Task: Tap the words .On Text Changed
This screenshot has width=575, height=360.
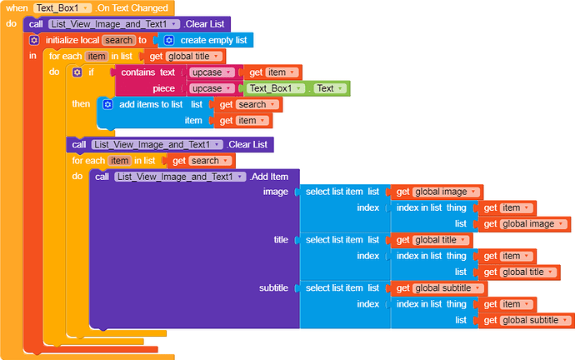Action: (x=130, y=7)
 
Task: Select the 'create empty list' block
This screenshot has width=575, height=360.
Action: (x=209, y=40)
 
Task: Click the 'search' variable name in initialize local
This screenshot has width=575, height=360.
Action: (x=119, y=40)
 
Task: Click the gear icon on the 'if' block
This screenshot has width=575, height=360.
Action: (x=77, y=72)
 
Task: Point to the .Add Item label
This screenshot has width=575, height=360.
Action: (x=268, y=177)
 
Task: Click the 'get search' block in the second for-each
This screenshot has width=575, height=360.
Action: (x=200, y=160)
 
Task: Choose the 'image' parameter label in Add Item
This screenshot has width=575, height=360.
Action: (x=275, y=192)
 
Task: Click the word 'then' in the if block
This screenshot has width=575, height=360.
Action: (x=81, y=104)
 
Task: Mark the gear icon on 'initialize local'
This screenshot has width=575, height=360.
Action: (x=34, y=40)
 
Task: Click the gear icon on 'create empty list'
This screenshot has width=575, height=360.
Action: (x=168, y=40)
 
